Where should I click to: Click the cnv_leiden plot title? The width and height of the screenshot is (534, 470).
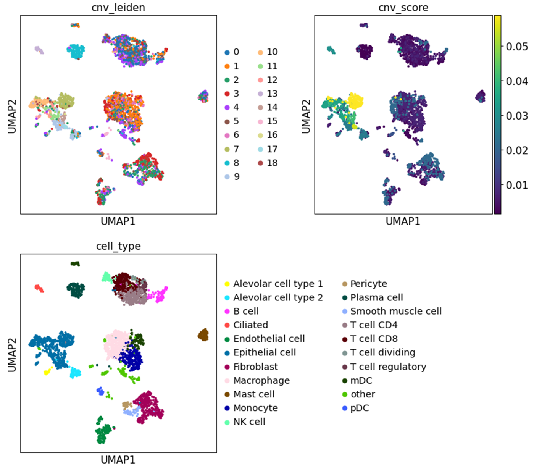[118, 7]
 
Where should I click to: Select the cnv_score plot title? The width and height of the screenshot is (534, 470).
[403, 7]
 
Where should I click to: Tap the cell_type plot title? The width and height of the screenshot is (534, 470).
[118, 246]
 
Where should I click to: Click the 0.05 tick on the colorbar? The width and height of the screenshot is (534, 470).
[517, 47]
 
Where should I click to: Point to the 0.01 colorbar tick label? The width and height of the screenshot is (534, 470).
[517, 185]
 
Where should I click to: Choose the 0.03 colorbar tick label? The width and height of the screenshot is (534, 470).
[517, 116]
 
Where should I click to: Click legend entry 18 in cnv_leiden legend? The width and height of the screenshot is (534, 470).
[268, 163]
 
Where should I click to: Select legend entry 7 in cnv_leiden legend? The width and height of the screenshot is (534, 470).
[232, 149]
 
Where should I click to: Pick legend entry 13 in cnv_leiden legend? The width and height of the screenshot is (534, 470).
[268, 94]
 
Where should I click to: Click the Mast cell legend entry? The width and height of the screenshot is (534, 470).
[250, 394]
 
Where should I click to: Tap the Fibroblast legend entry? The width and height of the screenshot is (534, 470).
[251, 367]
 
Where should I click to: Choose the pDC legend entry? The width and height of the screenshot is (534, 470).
[356, 408]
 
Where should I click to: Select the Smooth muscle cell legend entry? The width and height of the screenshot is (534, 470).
[392, 311]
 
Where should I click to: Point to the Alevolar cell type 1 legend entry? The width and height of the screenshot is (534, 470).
[274, 284]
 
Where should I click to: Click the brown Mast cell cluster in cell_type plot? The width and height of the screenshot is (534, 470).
[203, 335]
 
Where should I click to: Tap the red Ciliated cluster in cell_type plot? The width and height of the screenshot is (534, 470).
[39, 288]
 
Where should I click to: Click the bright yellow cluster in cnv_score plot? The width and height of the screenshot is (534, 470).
[355, 100]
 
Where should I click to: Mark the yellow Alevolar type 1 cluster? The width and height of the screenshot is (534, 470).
[47, 371]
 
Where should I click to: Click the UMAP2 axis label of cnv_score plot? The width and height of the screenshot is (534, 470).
[306, 116]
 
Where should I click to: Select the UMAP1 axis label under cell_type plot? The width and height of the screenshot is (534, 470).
[118, 460]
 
